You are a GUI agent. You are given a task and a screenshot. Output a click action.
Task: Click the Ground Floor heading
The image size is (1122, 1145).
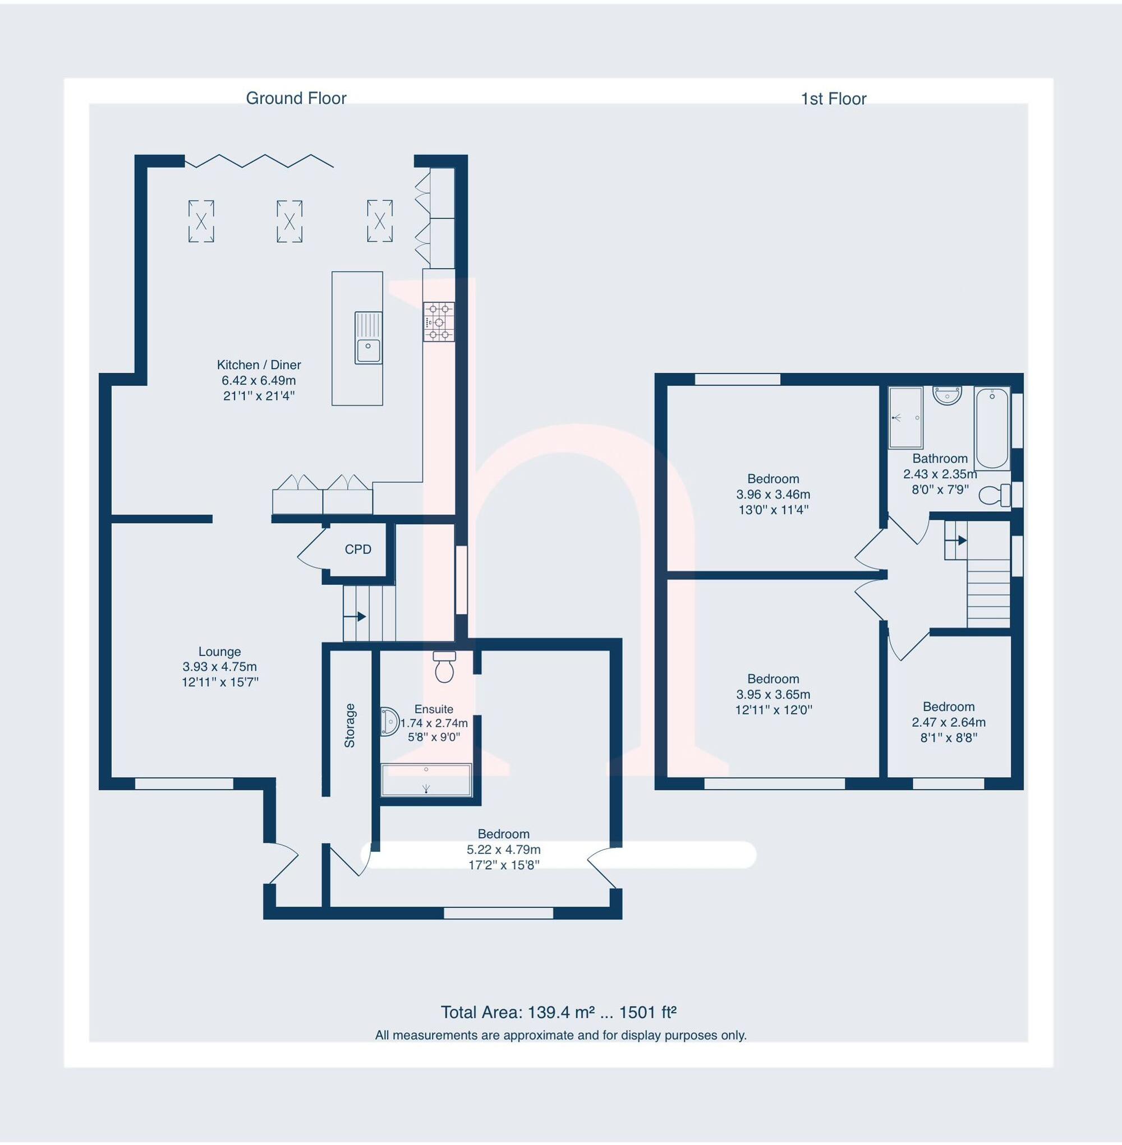[296, 98]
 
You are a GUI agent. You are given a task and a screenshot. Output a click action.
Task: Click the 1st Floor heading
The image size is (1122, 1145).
[833, 99]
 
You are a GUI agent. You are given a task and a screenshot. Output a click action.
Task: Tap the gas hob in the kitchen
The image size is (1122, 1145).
[439, 322]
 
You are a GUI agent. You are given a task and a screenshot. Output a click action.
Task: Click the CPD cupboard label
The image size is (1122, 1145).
[358, 550]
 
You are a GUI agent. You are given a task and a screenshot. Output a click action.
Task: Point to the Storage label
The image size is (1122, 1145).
[350, 725]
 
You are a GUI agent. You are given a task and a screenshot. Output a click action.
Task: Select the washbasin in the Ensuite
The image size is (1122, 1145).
[389, 722]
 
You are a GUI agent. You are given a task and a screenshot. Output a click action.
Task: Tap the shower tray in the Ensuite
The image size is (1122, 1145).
[426, 779]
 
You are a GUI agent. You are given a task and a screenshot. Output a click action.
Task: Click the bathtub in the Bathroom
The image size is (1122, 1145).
[992, 427]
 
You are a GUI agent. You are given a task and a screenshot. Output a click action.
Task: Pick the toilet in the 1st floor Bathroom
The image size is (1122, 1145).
[994, 494]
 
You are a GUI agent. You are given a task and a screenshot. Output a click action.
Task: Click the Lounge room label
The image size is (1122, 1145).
[219, 652]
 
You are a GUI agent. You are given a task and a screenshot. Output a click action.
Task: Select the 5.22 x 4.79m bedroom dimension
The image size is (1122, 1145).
[503, 849]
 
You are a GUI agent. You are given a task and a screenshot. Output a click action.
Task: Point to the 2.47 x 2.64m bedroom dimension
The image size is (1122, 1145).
[948, 722]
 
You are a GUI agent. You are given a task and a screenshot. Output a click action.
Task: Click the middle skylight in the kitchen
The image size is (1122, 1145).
[289, 221]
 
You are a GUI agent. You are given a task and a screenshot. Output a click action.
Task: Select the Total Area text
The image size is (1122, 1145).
[558, 1012]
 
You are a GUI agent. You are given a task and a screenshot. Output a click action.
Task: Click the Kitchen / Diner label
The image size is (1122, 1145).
[259, 364]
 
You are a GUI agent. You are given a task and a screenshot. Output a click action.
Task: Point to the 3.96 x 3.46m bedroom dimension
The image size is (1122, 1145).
[772, 494]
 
